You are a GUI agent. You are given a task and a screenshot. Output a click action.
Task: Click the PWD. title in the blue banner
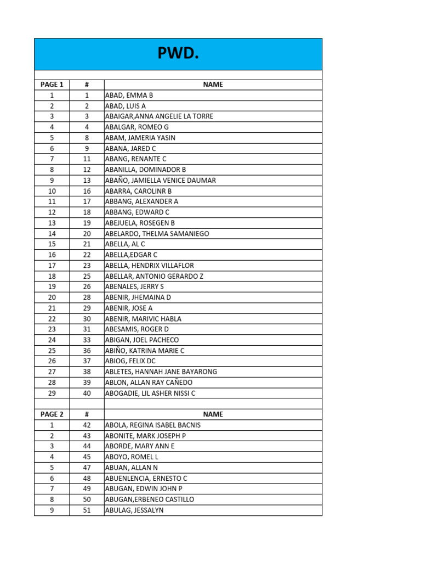178,54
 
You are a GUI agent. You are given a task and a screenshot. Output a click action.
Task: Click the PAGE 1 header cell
52,85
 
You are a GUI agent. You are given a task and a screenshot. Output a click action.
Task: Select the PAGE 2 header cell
52,414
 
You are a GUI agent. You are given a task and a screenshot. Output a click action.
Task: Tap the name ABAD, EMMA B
129,95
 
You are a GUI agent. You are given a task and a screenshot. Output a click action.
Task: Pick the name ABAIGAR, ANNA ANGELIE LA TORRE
159,116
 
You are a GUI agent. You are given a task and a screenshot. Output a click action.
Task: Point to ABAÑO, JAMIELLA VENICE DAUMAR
160,180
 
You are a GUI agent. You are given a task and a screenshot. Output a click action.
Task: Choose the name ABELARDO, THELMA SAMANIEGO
157,233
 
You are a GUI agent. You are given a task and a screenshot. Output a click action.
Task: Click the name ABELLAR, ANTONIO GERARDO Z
154,276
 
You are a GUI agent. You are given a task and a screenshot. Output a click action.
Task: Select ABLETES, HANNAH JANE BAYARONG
161,372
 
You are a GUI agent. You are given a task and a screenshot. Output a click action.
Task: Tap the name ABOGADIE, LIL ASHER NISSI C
150,393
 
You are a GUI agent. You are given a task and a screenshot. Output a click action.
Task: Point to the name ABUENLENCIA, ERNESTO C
146,478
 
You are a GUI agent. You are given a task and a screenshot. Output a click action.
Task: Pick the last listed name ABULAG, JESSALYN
134,510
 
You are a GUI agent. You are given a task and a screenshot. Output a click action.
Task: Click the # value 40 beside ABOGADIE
87,393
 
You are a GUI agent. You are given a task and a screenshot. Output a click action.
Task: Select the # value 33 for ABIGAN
87,340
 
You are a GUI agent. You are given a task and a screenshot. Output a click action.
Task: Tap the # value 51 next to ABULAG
87,510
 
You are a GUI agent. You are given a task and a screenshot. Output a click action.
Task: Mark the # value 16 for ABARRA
87,191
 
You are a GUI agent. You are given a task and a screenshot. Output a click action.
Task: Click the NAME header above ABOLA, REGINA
213,414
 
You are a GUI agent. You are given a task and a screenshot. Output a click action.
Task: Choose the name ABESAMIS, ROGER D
136,329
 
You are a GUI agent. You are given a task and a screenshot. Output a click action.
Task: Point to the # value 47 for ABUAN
87,468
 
